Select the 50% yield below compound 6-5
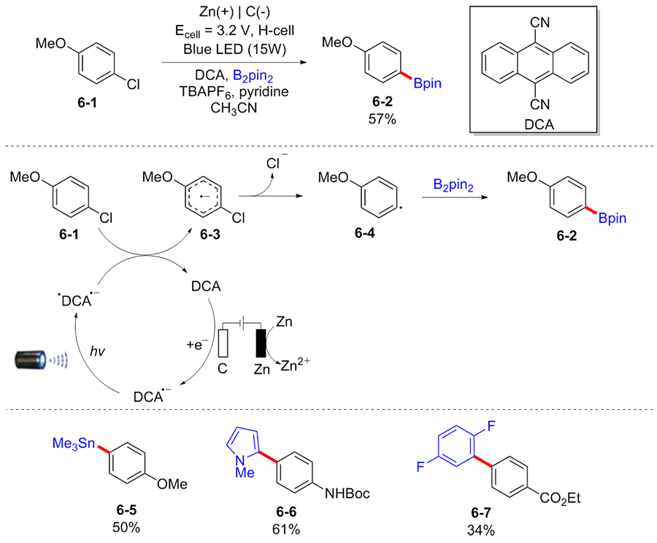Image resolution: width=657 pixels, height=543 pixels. pyautogui.click(x=127, y=525)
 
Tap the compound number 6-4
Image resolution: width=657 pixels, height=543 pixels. pyautogui.click(x=364, y=233)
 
